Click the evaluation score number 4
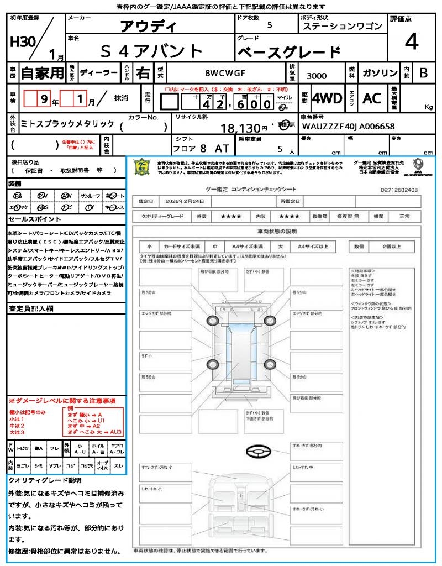[x=411, y=43]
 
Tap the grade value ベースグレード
[x=288, y=53]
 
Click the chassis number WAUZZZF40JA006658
[x=348, y=127]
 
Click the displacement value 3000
[x=316, y=76]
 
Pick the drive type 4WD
[x=327, y=98]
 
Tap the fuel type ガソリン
[x=380, y=74]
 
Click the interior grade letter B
[x=423, y=73]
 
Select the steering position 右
[x=143, y=73]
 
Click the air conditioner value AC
[x=372, y=98]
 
